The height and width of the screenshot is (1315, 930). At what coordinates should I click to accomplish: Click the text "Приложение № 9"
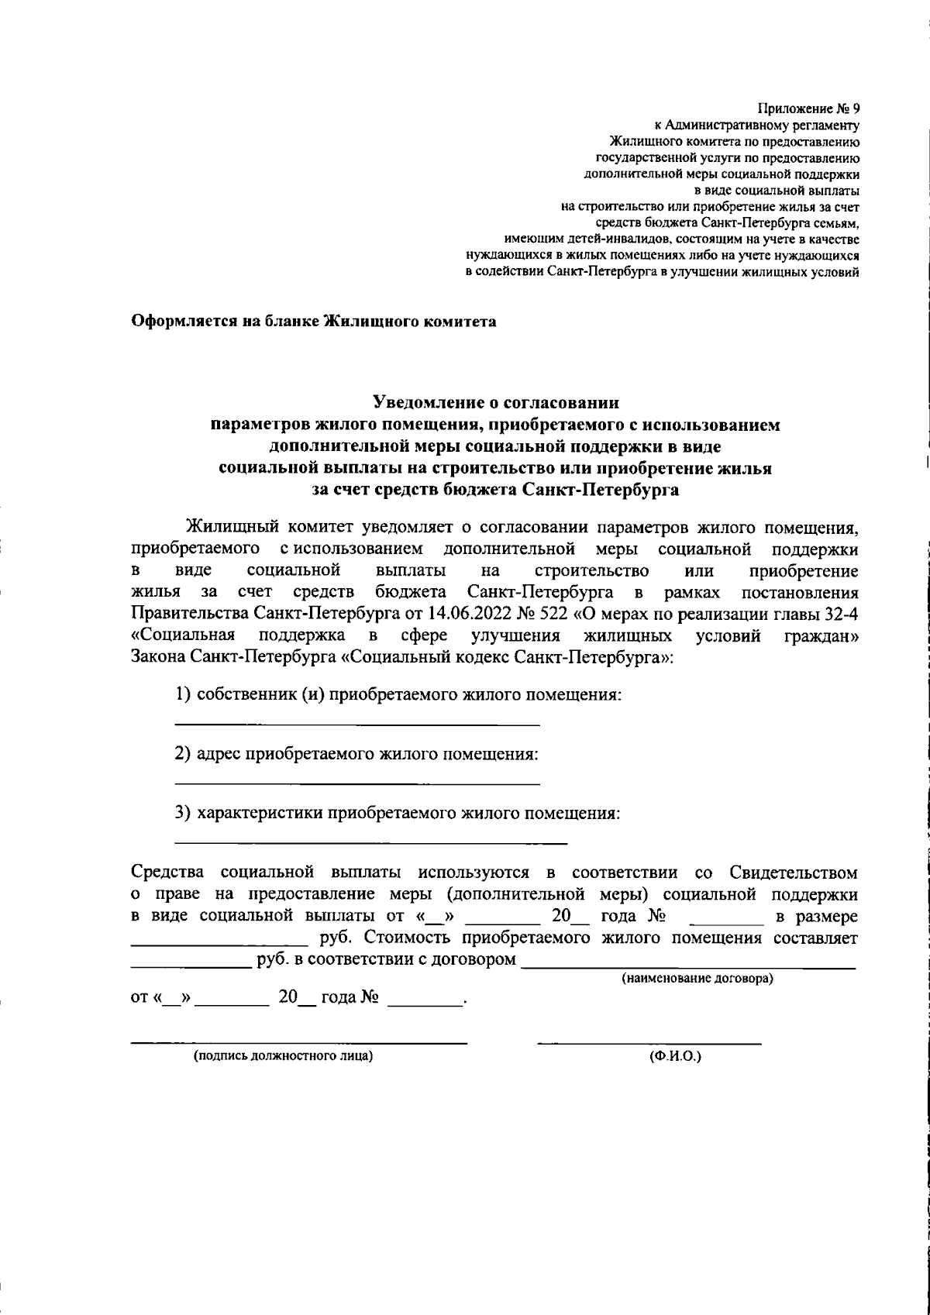tap(808, 108)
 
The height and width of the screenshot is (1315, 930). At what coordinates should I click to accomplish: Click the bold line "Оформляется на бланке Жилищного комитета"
tap(313, 321)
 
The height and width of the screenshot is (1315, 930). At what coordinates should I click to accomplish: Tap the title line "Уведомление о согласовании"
tap(496, 402)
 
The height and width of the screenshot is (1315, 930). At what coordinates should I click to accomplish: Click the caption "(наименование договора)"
tap(697, 979)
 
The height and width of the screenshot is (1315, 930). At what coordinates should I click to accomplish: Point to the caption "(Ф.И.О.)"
tap(675, 1055)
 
